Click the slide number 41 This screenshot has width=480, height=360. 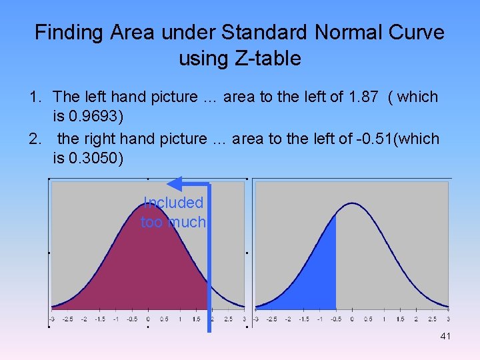[x=445, y=336]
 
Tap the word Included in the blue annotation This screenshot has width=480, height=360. [x=173, y=203]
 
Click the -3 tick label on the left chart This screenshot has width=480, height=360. [x=52, y=319]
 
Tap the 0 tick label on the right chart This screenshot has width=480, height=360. [x=352, y=319]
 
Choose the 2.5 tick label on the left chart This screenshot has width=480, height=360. [x=228, y=319]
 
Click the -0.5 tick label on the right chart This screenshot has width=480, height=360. [x=335, y=319]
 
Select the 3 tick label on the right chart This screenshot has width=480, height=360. [x=448, y=319]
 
